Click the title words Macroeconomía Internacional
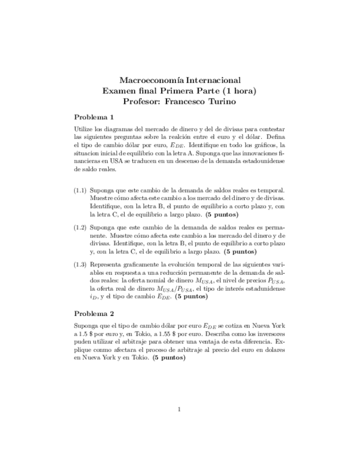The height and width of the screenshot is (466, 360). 180,80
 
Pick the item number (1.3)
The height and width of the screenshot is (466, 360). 80,264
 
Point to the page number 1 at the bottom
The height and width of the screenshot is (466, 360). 179,409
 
